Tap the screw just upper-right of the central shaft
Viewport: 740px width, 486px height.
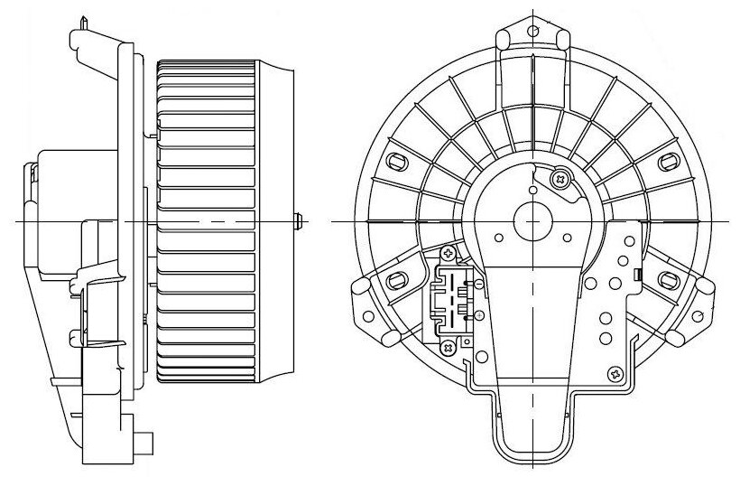click(562, 179)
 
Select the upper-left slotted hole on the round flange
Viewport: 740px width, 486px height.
click(395, 162)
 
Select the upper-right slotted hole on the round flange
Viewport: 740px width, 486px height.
click(670, 162)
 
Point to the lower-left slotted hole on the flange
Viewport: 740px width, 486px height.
click(393, 279)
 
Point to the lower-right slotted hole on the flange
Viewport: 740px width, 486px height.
click(670, 279)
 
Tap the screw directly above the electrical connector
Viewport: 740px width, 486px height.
click(449, 251)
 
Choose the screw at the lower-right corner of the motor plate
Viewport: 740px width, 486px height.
click(615, 372)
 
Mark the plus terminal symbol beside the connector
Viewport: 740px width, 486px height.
click(478, 315)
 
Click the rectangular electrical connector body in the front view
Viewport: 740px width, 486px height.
click(455, 297)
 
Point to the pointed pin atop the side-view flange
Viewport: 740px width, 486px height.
click(82, 18)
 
